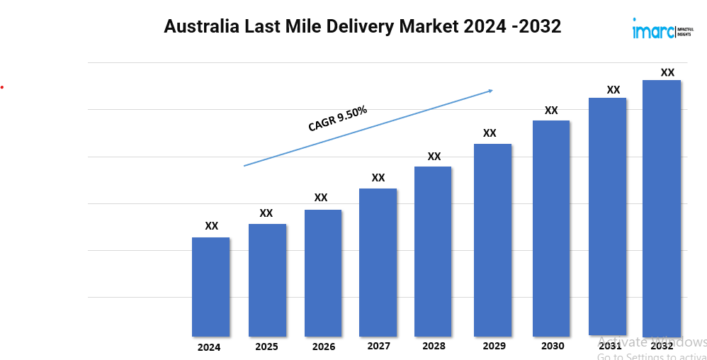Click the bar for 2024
(210, 287)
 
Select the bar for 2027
(378, 262)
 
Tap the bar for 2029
(492, 240)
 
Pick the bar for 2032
(661, 208)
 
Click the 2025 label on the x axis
(266, 347)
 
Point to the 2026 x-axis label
(324, 347)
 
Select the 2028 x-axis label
(434, 347)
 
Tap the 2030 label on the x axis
(553, 347)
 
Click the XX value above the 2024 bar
(211, 226)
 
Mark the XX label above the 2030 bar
(551, 111)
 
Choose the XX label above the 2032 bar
(667, 72)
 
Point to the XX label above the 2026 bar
(321, 198)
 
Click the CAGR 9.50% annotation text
(337, 118)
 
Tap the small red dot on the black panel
(2, 87)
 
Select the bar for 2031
(608, 217)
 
